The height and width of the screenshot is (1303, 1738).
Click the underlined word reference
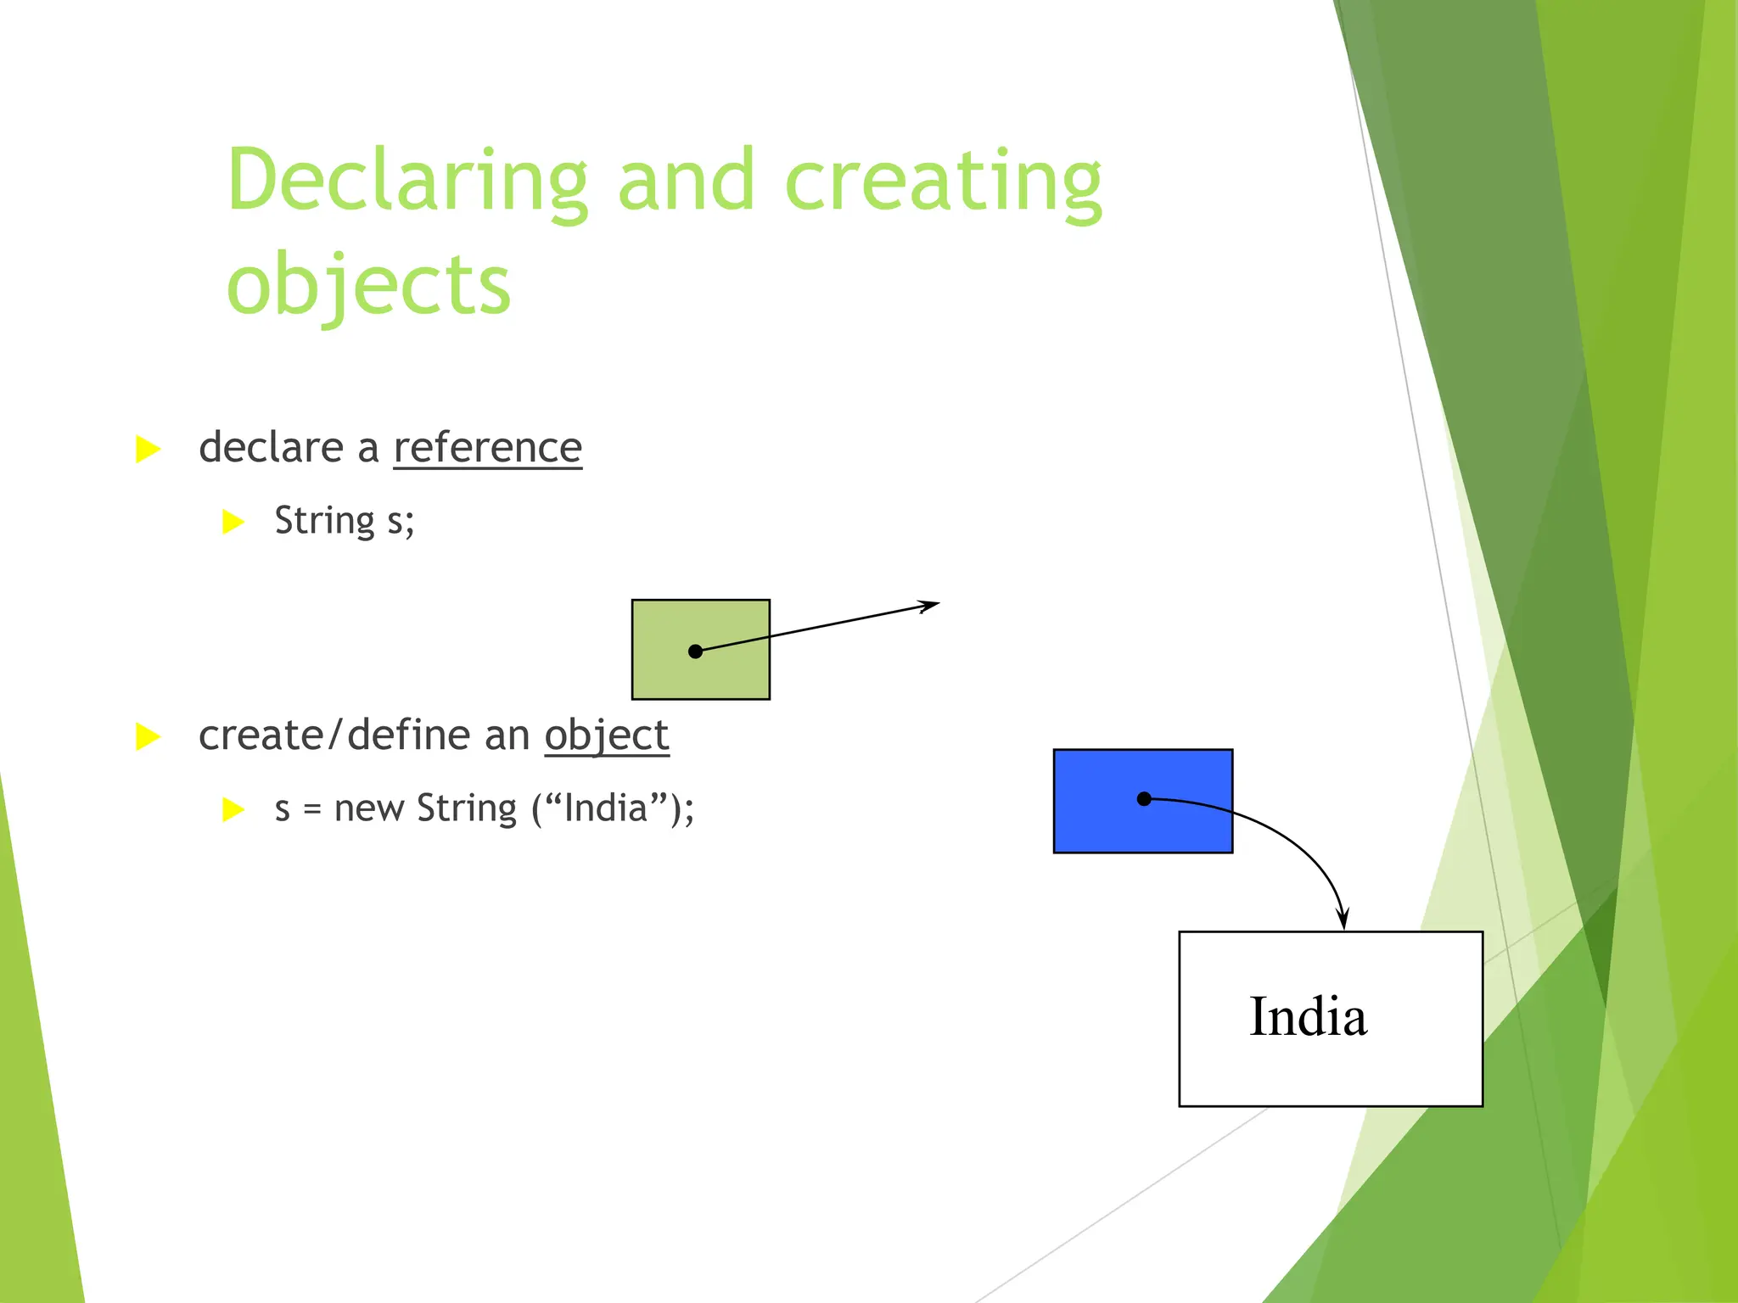[x=488, y=448]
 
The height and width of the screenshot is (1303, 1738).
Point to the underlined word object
[x=607, y=735]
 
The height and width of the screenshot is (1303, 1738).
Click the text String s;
[x=345, y=521]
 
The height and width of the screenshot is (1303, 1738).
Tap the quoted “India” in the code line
[x=605, y=808]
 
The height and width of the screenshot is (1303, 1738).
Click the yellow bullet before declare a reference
[x=148, y=450]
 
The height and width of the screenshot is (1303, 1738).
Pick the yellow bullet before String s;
[x=233, y=522]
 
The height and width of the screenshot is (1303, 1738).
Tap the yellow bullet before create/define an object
[x=148, y=736]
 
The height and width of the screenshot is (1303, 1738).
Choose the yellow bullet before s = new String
[x=233, y=809]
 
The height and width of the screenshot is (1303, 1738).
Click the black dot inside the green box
[x=695, y=651]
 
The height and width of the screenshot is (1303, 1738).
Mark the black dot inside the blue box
[x=1144, y=798]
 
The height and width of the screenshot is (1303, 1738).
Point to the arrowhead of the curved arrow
[x=1343, y=920]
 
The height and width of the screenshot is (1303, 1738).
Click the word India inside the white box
[x=1308, y=1017]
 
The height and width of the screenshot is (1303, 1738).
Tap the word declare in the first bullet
[x=272, y=448]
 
